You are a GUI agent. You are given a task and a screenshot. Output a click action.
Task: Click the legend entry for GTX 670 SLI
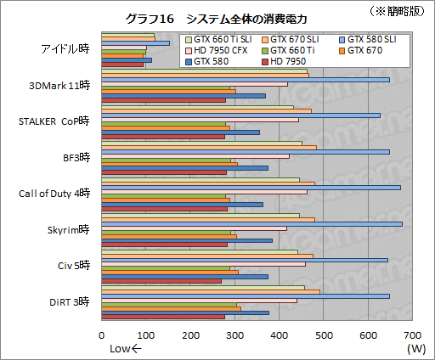coord(296,39)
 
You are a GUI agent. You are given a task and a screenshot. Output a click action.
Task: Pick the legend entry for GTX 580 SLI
coord(366,39)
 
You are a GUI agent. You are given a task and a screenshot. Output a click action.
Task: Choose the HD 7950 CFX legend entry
coord(223,50)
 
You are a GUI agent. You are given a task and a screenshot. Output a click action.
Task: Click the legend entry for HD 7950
coord(288,61)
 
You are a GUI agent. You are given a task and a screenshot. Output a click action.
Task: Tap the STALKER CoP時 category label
coord(54,121)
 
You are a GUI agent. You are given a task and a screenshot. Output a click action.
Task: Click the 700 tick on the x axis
coord(412,335)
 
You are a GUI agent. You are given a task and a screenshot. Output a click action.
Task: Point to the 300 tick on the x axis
coord(234,335)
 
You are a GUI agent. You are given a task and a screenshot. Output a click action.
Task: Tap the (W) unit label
coord(415,349)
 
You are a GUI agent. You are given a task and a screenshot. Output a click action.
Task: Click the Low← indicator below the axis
coord(126,349)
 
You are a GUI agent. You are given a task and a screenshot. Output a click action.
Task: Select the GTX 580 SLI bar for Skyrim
coord(251,223)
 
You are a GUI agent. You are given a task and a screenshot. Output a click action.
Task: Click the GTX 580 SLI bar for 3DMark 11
coord(246,80)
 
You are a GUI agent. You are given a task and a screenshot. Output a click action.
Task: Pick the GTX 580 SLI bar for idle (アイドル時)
coord(135,43)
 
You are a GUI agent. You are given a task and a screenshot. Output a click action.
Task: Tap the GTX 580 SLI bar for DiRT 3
coord(246,295)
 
